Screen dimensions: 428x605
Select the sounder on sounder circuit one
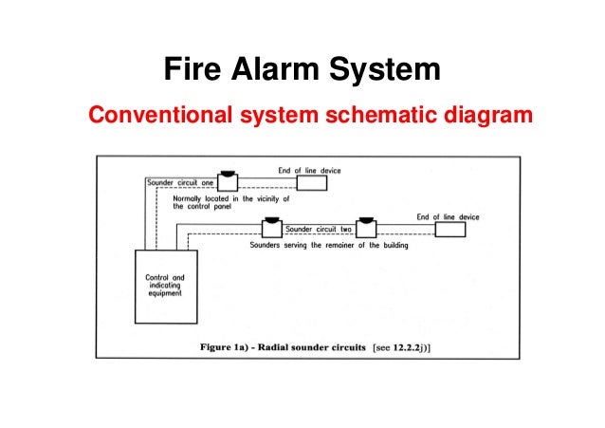(227, 180)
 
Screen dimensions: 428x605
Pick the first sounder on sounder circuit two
(271, 228)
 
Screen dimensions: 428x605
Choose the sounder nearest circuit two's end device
(365, 228)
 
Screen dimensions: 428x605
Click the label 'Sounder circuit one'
(179, 181)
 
